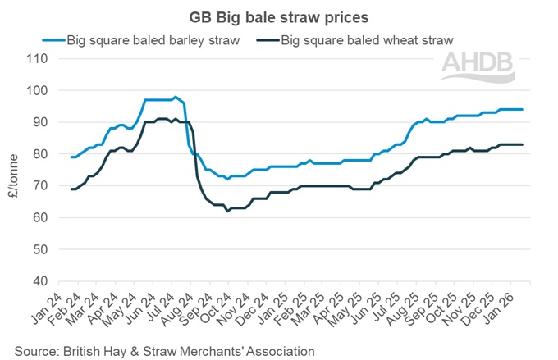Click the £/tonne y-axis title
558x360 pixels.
(x=12, y=170)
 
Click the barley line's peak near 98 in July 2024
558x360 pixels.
(x=175, y=97)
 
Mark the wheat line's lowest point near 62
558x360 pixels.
(x=227, y=211)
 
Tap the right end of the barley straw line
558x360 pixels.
(x=523, y=110)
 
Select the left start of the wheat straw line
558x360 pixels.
(x=71, y=189)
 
